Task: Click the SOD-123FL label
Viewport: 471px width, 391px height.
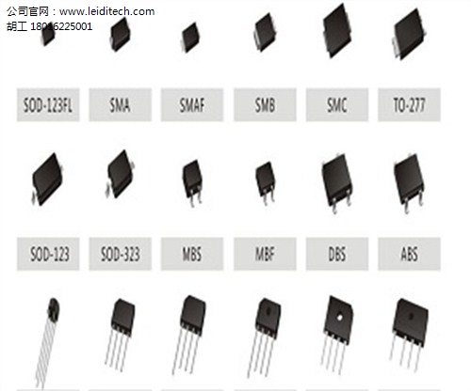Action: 48,105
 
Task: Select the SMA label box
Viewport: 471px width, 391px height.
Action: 121,105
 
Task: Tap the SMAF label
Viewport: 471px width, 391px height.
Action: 192,105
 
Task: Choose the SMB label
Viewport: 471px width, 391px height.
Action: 265,105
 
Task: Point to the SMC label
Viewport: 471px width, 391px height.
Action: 337,105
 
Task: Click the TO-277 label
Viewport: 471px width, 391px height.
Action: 410,105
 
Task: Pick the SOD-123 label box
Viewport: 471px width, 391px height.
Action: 48,254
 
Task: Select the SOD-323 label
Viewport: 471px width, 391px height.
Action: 121,254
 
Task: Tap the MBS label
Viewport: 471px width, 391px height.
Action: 192,254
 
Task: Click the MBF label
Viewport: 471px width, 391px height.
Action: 265,254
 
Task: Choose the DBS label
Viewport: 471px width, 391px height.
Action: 337,254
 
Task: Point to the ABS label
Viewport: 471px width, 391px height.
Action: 410,254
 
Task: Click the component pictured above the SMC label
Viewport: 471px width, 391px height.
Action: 337,30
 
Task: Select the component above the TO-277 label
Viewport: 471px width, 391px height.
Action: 409,34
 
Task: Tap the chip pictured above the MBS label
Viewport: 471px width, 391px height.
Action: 192,181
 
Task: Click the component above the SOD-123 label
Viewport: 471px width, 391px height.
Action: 48,180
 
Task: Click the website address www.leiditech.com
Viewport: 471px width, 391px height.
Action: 106,11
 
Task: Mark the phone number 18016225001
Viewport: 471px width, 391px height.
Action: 61,26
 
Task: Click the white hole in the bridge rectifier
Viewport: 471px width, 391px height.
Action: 339,318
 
